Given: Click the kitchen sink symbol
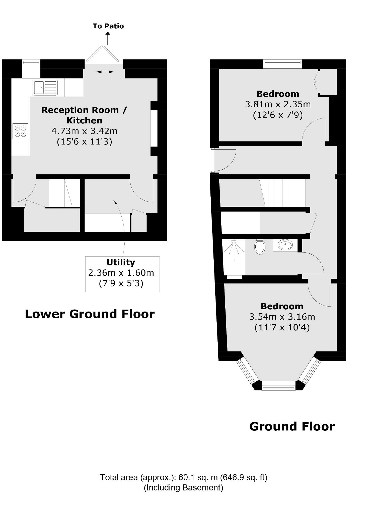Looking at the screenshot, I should click(45, 88).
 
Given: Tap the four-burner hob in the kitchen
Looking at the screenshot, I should click(20, 131).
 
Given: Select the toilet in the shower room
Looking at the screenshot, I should click(260, 247).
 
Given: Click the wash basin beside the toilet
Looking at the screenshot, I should click(285, 245).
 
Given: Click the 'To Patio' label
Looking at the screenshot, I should click(108, 26).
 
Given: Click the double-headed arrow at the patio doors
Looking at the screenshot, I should click(105, 72).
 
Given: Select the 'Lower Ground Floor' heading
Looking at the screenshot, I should click(90, 314).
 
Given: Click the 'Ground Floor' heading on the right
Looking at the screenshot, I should click(292, 426).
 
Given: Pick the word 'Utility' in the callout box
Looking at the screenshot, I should click(121, 262).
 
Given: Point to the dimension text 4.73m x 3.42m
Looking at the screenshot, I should click(85, 131).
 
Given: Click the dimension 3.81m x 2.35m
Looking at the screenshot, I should click(278, 104).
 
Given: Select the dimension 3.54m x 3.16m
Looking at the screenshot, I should click(282, 317).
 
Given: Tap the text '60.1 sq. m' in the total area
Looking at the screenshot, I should click(198, 477).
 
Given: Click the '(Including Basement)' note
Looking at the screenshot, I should click(183, 487).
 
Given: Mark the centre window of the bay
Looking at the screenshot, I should click(278, 386).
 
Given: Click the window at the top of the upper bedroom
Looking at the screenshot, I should click(282, 64).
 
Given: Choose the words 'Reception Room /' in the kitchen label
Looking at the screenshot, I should click(84, 110).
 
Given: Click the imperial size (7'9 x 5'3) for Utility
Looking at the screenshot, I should click(121, 283).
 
